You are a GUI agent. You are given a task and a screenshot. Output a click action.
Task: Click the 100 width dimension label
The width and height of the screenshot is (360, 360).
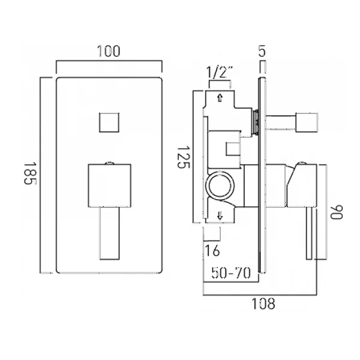[109, 51]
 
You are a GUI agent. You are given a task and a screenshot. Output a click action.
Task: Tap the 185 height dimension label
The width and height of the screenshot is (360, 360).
[30, 173]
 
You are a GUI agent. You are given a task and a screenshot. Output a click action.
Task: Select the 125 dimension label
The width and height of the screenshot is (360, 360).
[184, 157]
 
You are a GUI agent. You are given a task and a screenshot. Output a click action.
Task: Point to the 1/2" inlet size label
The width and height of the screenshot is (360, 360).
[220, 72]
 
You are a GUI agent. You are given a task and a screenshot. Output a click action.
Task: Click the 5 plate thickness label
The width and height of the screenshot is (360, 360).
[262, 51]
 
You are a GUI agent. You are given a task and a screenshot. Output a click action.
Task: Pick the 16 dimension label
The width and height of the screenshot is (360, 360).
[212, 250]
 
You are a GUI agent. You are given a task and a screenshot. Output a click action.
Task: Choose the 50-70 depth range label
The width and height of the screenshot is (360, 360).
[231, 273]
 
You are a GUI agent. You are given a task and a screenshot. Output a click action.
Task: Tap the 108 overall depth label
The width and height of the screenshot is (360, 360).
[263, 304]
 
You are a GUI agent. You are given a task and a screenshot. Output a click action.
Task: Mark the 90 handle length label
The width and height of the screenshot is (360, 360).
[337, 212]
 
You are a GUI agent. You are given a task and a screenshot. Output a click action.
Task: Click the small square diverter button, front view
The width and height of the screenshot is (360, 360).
[109, 122]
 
